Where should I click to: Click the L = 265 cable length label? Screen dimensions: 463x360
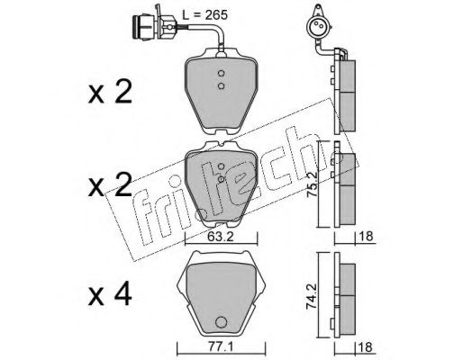click(x=205, y=14)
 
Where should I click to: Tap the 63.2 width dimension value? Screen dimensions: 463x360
click(x=221, y=237)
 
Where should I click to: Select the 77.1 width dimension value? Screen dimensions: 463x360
click(x=220, y=347)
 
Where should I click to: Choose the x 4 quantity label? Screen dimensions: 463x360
click(x=110, y=294)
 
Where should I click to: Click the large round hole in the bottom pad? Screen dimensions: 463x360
click(x=221, y=322)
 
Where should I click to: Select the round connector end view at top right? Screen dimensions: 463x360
click(x=318, y=26)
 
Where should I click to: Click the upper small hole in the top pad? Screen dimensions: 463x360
click(x=222, y=74)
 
